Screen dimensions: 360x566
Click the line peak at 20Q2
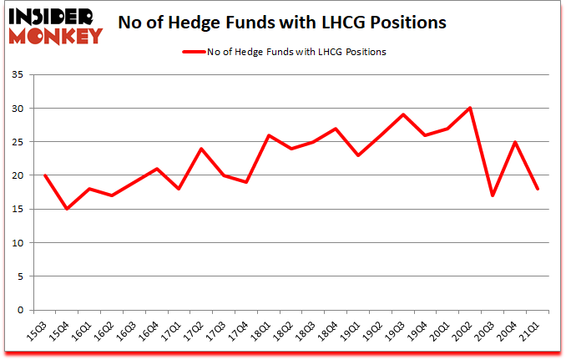(x=471, y=109)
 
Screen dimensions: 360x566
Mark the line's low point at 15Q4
(x=67, y=209)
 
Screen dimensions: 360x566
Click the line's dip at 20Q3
(x=493, y=195)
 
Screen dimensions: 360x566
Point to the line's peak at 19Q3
(x=403, y=114)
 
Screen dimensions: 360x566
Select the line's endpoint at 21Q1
(x=538, y=189)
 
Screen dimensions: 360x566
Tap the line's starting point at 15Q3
(x=44, y=175)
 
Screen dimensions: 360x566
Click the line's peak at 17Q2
(x=201, y=149)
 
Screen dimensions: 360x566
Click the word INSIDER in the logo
(x=55, y=15)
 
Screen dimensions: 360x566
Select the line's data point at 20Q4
(x=516, y=142)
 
